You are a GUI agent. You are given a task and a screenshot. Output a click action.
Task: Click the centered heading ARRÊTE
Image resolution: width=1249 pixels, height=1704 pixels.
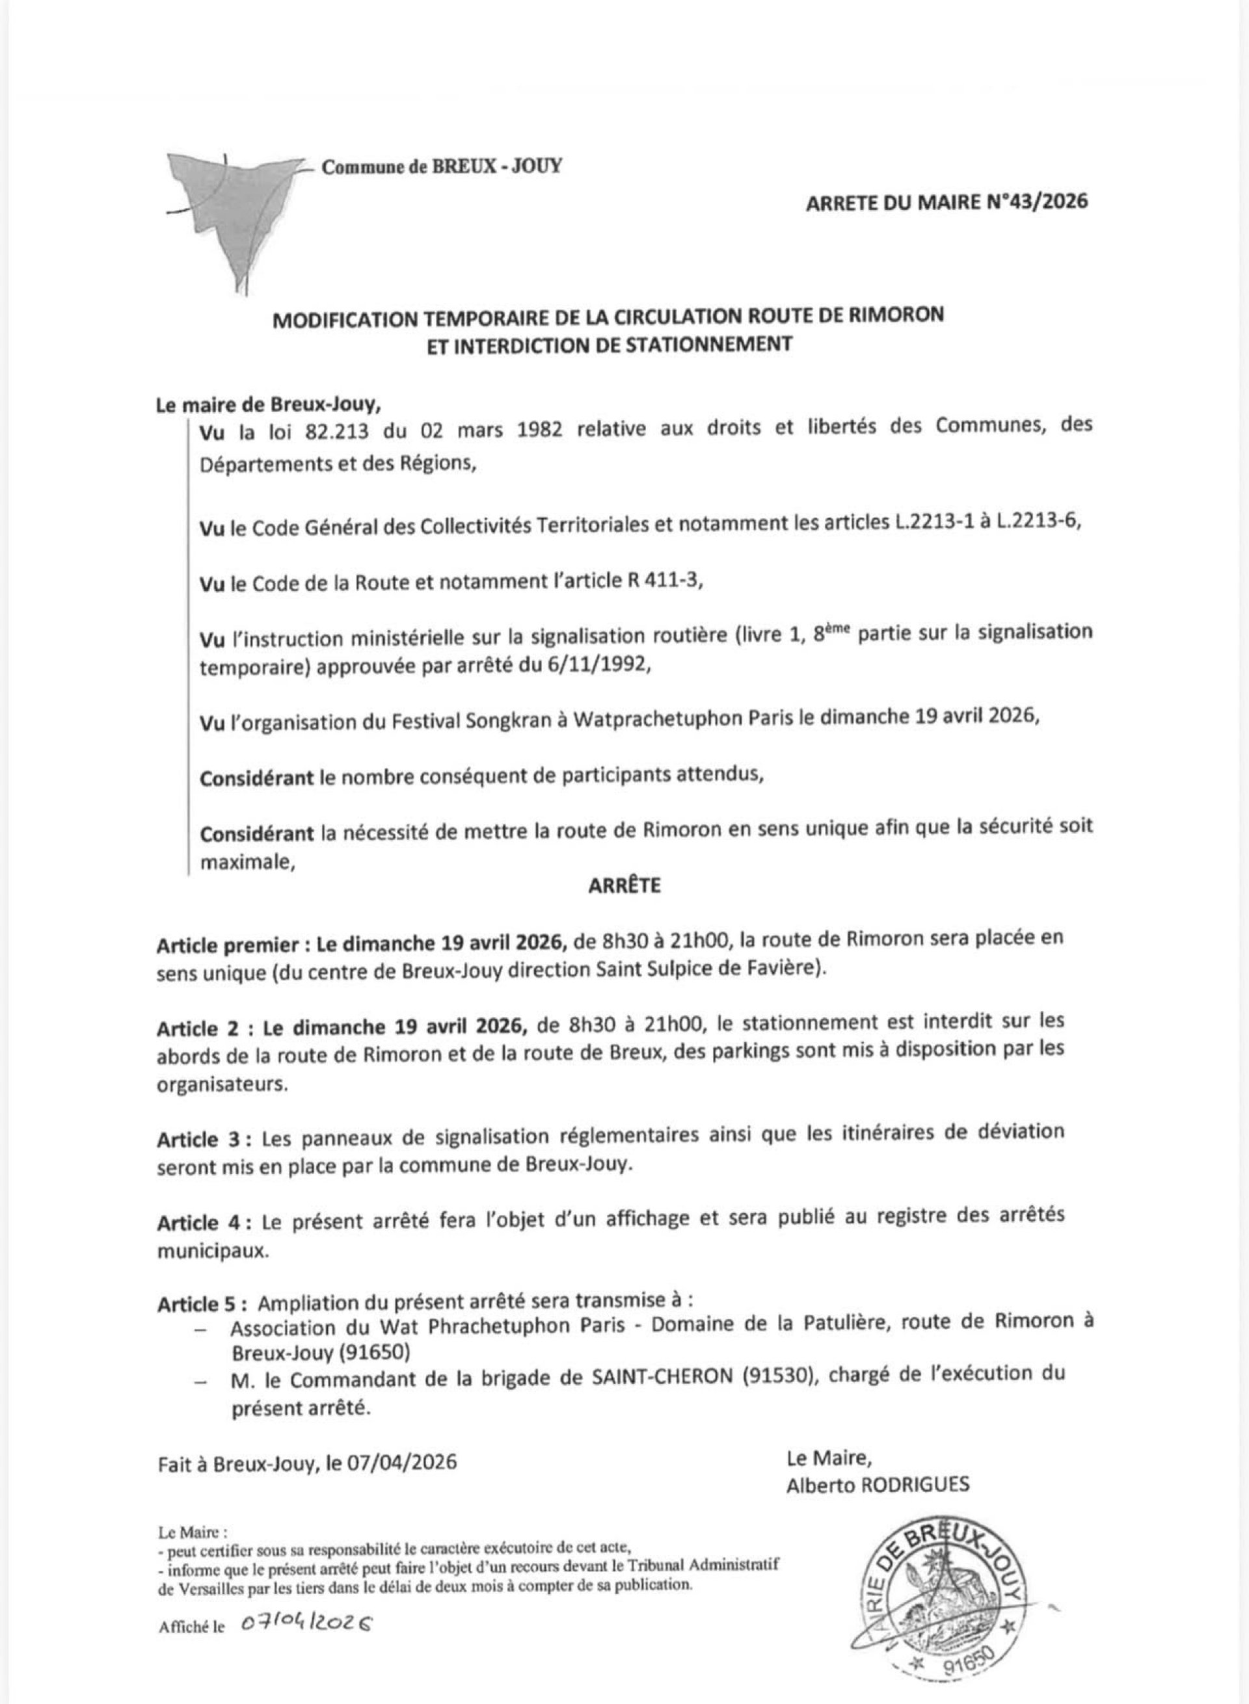click(624, 885)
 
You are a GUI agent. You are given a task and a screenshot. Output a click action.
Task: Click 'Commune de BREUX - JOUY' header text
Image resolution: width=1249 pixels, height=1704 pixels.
click(442, 167)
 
